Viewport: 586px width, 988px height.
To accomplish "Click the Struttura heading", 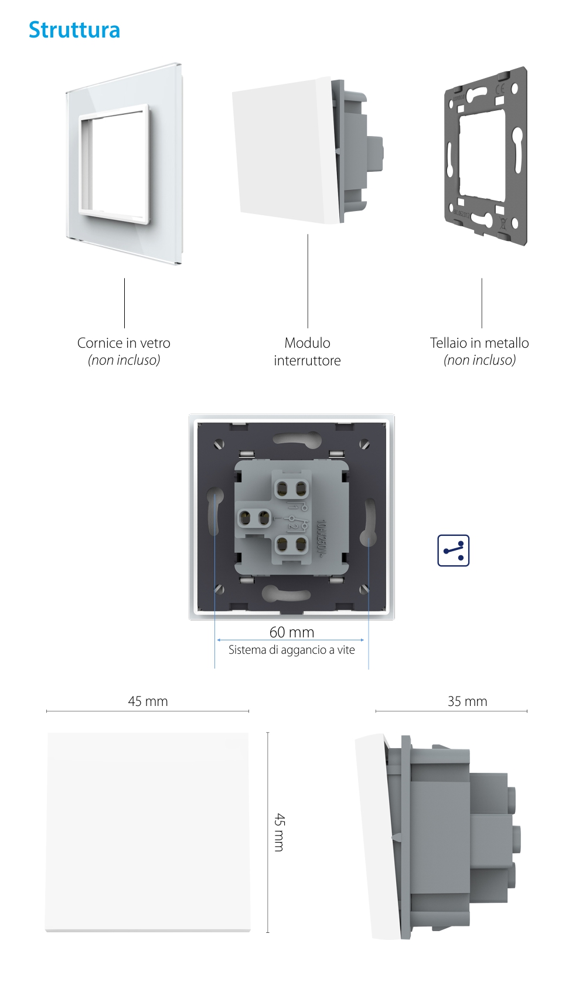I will [x=74, y=30].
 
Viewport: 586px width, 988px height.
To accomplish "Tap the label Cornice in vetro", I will [x=124, y=343].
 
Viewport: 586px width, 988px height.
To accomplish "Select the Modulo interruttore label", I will [x=307, y=352].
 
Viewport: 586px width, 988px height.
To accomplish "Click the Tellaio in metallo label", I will [x=479, y=343].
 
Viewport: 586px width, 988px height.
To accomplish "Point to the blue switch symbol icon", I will [x=454, y=551].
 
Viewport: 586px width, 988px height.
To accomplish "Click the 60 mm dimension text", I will [x=292, y=632].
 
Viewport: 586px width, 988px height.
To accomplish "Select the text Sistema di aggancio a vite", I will [x=292, y=650].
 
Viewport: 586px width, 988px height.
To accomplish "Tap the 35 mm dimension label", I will [x=467, y=701].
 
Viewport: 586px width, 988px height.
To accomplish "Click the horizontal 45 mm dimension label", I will [x=148, y=701].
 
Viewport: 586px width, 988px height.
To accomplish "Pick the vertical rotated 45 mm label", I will [x=280, y=832].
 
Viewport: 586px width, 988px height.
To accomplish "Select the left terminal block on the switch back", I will [x=254, y=518].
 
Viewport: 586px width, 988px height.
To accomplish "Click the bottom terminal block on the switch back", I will [x=291, y=545].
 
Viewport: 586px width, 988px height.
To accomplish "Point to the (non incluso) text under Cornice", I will [x=124, y=360].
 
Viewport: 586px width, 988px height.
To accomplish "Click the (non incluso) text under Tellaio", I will [x=479, y=360].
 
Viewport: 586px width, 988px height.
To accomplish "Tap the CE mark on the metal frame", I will [x=499, y=90].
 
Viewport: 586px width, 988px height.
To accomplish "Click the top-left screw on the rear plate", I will [x=220, y=444].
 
